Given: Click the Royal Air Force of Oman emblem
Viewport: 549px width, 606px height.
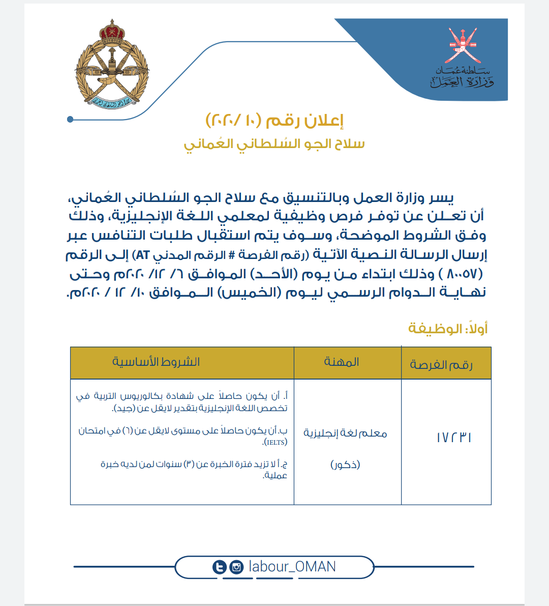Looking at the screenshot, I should click(x=111, y=65).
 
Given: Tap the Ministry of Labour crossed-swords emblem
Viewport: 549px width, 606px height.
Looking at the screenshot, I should click(x=462, y=43).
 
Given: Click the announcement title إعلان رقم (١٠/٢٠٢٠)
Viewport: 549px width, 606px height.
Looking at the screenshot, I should click(x=274, y=121).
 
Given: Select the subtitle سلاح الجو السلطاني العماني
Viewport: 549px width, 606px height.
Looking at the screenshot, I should click(x=274, y=144).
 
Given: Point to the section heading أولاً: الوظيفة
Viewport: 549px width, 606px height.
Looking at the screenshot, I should click(x=448, y=329).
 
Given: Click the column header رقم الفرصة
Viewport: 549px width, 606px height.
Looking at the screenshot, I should click(x=441, y=364).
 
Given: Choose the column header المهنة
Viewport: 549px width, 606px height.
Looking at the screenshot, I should click(x=342, y=362).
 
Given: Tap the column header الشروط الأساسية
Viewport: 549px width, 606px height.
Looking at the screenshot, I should click(x=156, y=362).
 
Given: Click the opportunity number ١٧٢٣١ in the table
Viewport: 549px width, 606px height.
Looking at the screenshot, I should click(x=454, y=438).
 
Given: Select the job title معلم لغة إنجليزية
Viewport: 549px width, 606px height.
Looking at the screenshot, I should click(x=345, y=433).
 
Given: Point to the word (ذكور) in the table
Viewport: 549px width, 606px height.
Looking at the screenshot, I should click(x=345, y=465).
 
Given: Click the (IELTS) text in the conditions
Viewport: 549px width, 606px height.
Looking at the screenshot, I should click(x=275, y=443).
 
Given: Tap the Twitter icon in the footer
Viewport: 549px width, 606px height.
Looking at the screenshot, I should click(x=220, y=567).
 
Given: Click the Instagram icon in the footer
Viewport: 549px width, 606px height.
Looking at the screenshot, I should click(x=236, y=567).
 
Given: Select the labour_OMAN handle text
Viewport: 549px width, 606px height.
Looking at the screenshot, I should click(x=292, y=567).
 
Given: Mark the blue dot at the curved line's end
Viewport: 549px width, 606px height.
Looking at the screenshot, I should click(x=70, y=120).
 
